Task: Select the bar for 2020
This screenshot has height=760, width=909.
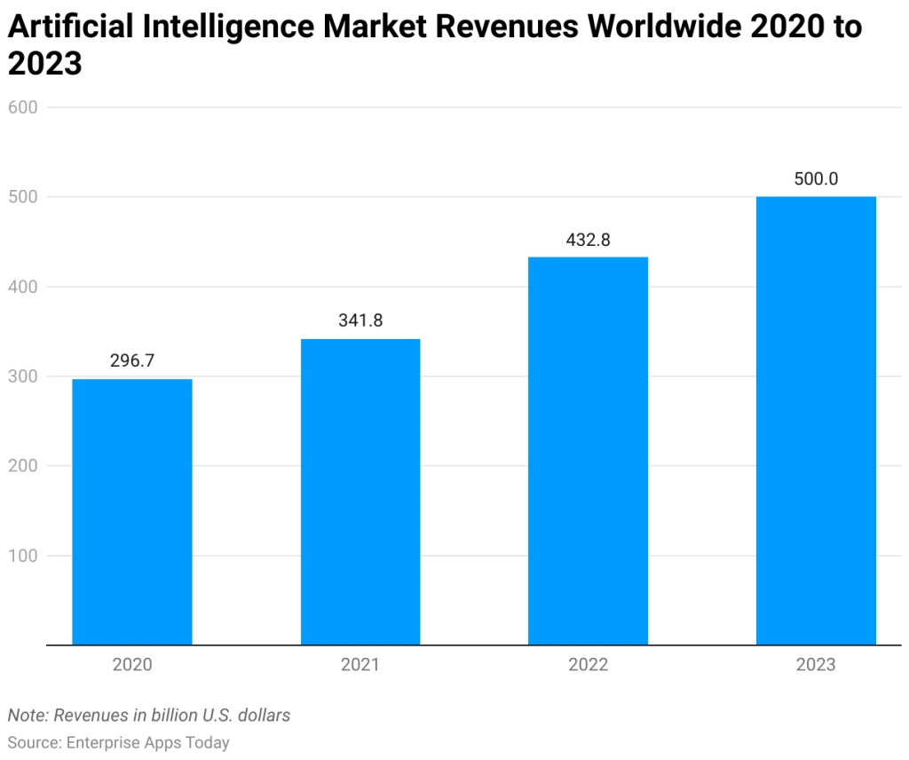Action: tap(132, 511)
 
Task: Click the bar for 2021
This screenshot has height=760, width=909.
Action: tap(360, 491)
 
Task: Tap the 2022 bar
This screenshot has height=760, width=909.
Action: tap(588, 450)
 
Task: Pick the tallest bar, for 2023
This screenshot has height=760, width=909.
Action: tap(816, 420)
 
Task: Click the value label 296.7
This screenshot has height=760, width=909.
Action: tap(132, 361)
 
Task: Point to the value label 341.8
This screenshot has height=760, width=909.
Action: tap(360, 321)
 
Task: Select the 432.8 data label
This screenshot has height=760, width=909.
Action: tap(588, 240)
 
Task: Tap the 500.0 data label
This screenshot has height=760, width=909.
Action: tap(816, 178)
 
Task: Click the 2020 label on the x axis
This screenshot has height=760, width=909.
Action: tap(132, 664)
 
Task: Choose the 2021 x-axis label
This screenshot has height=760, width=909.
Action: tap(360, 664)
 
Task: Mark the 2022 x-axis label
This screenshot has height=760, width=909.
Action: tap(588, 664)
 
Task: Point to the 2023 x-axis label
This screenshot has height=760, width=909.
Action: tap(816, 664)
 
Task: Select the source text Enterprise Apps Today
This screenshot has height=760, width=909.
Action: tap(148, 742)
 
